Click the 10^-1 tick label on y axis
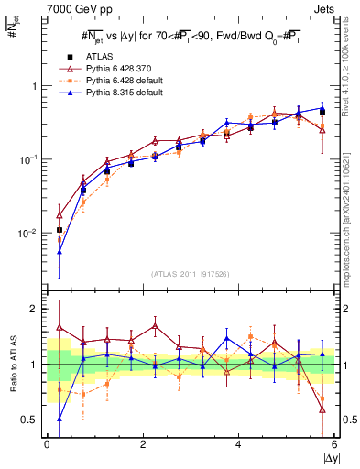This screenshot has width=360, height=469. point(32,159)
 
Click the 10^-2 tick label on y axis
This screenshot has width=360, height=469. point(32,234)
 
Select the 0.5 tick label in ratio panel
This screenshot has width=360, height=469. point(32,420)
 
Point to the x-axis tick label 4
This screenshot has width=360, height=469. point(238,444)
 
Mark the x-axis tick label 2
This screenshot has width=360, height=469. point(143,444)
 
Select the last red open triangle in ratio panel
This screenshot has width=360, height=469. point(322,409)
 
